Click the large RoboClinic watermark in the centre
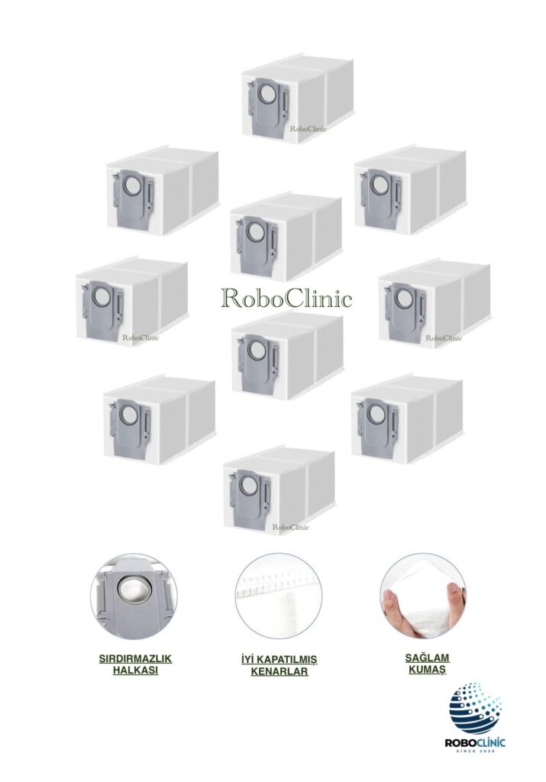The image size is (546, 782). tap(286, 298)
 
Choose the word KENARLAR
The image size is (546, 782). tap(279, 672)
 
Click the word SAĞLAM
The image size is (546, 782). tap(425, 657)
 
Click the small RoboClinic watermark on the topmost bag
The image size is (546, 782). tap(309, 129)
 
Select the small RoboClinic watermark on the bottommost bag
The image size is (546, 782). tap(290, 527)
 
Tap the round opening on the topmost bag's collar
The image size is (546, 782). tap(265, 95)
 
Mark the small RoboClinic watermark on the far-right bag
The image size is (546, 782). tap(444, 338)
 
